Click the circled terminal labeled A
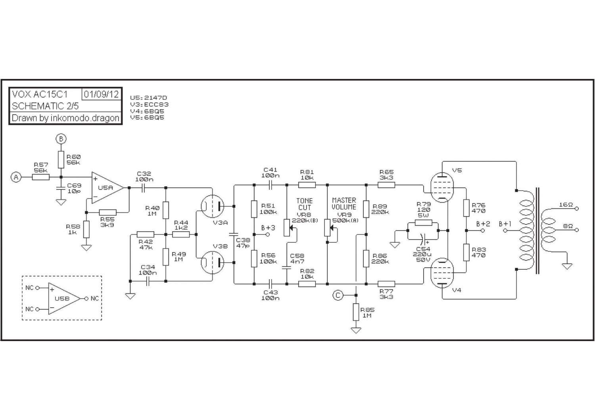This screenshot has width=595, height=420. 16,177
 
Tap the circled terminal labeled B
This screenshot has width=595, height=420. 61,139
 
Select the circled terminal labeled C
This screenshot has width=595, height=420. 338,295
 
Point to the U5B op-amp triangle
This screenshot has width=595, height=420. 64,299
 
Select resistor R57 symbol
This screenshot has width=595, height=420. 40,177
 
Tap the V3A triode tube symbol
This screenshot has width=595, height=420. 213,206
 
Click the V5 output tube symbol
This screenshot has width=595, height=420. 442,188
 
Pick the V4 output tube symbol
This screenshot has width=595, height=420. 442,273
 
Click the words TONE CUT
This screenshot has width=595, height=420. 304,204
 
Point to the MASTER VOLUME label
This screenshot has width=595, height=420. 344,203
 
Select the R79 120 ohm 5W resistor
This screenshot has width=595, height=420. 423,222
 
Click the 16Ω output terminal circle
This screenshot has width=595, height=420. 576,209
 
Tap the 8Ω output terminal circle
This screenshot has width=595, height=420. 576,230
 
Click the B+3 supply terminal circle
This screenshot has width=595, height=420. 268,234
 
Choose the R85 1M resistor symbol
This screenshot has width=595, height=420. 356,312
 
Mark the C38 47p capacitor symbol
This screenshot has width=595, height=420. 234,234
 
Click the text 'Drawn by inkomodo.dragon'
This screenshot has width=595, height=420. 65,118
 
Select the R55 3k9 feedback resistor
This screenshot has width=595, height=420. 107,213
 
